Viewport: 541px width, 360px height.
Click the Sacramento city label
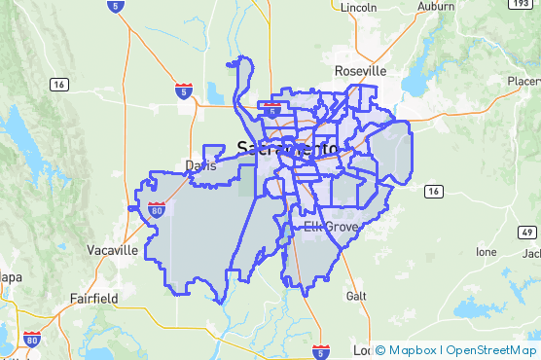point(287,148)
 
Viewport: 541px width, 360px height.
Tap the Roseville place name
point(360,71)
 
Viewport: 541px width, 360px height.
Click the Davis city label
point(200,165)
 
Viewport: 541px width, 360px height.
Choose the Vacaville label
point(112,250)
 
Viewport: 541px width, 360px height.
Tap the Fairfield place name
point(93,298)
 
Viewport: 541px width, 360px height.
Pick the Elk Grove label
point(331,227)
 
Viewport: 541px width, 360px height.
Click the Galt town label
point(356,295)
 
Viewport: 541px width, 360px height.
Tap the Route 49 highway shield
point(525,233)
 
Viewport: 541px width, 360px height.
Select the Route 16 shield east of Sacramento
point(433,191)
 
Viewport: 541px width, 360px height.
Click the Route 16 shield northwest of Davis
point(60,86)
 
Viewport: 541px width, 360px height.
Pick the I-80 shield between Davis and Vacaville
point(158,208)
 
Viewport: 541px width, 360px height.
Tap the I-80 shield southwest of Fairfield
point(32,340)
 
